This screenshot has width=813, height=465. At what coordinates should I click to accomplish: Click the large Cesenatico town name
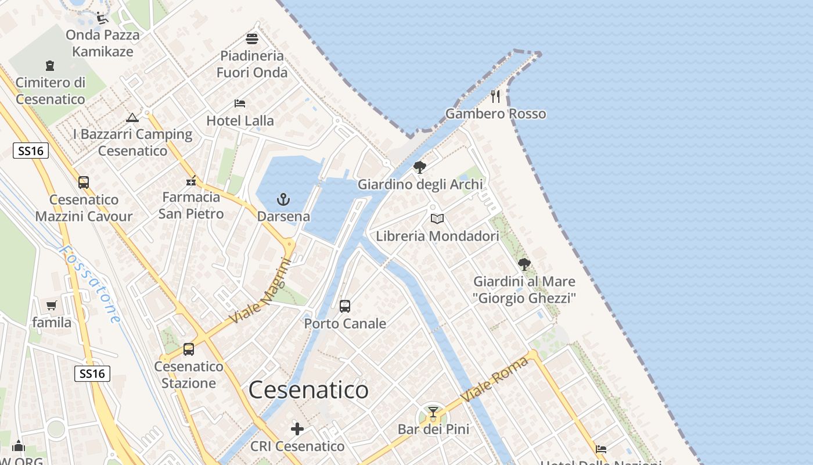(308, 390)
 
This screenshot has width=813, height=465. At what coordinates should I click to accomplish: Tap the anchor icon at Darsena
(283, 199)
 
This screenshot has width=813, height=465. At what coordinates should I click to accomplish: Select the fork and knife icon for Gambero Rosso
(495, 96)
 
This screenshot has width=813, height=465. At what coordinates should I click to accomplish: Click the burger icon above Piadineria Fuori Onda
(252, 39)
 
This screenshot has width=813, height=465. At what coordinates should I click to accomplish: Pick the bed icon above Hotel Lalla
(240, 103)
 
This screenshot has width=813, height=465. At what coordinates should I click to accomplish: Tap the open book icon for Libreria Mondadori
(437, 219)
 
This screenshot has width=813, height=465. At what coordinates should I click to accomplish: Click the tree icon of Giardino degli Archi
(419, 167)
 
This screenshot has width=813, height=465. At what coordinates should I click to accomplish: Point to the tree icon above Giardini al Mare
(524, 264)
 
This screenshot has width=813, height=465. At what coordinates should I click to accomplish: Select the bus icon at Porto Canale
(345, 306)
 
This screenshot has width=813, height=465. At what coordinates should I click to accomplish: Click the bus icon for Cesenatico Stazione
(189, 349)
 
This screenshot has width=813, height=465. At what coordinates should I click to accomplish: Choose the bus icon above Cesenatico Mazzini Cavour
(84, 182)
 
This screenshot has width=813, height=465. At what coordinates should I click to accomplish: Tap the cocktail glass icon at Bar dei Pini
(433, 412)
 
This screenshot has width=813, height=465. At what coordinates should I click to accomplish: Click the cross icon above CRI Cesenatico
(297, 429)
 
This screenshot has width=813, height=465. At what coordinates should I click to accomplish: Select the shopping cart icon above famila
(52, 305)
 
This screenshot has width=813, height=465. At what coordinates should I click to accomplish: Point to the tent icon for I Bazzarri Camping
(132, 117)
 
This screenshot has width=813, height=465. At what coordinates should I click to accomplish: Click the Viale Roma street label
(495, 380)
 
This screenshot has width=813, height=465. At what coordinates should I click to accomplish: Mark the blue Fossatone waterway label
(90, 284)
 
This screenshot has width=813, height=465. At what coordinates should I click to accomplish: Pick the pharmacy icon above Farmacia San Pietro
(191, 180)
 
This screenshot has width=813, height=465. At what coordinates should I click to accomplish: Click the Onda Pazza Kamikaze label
(103, 43)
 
